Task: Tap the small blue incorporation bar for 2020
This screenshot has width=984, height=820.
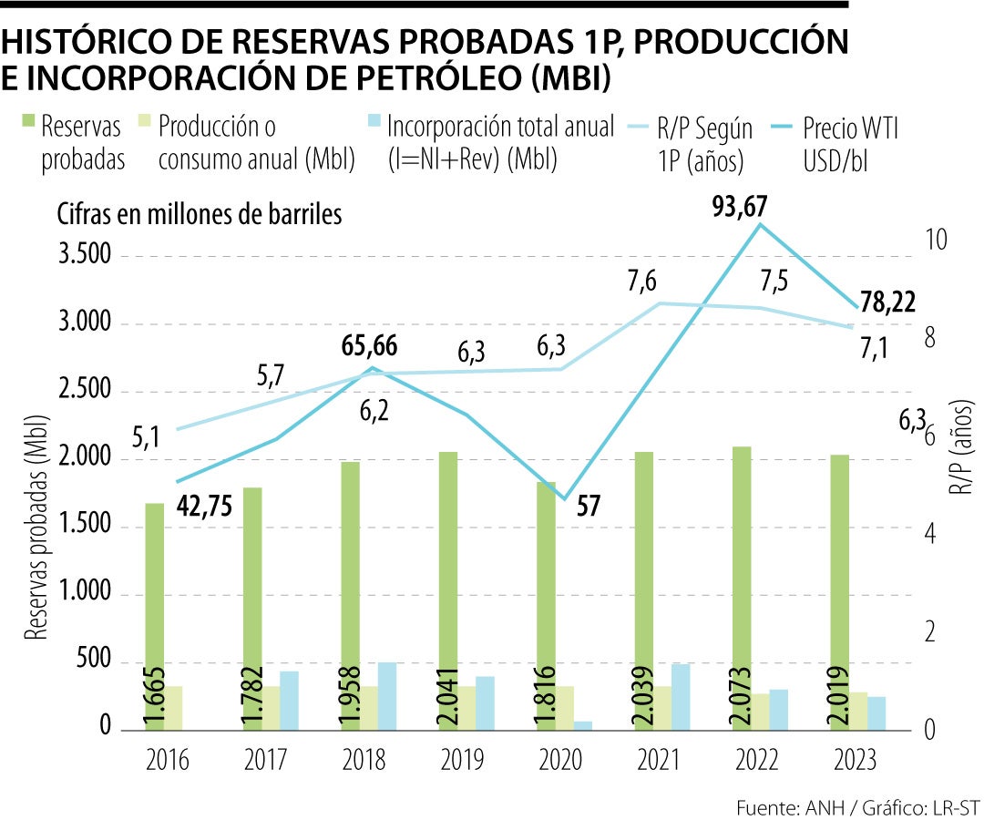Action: coord(583,724)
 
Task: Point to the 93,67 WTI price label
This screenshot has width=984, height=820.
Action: coord(739,209)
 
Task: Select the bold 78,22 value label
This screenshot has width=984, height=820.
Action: coord(887,302)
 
